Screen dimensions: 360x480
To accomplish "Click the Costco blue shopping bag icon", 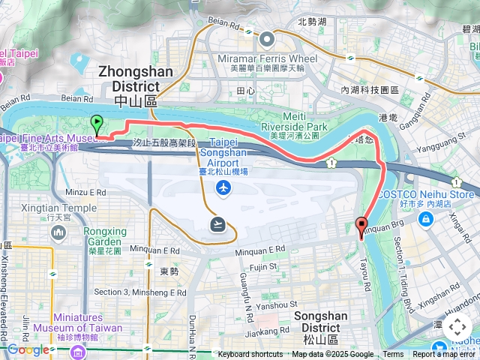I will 426,219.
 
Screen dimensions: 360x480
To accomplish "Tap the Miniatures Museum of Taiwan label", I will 88,322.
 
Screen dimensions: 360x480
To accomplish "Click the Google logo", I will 28,349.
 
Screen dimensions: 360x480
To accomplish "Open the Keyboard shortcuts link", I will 250,355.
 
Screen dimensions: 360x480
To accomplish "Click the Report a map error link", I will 444,355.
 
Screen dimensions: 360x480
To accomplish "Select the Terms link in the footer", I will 393,355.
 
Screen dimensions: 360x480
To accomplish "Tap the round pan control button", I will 457,327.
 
